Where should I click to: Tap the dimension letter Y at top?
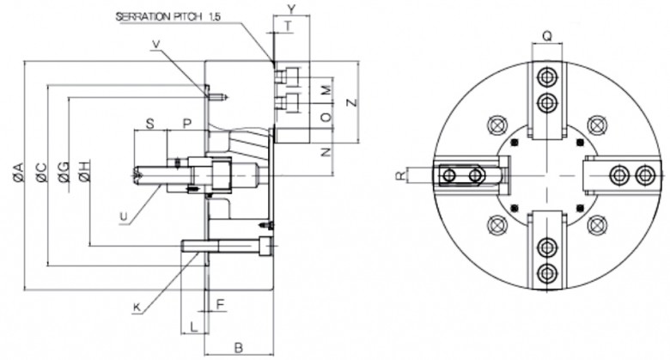(x=291, y=8)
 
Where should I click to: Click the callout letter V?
(x=156, y=45)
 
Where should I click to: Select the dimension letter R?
(x=400, y=175)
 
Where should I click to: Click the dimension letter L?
(x=193, y=326)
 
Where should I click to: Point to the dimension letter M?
(x=325, y=89)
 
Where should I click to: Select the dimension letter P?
(x=187, y=123)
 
